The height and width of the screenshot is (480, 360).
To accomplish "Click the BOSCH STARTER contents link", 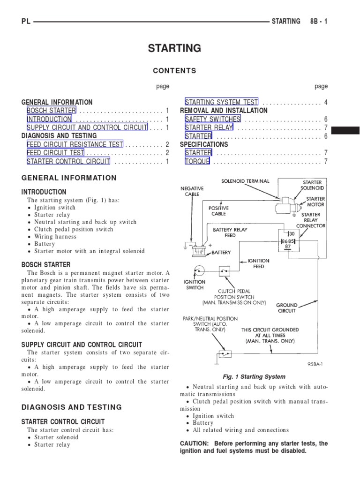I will (51, 111).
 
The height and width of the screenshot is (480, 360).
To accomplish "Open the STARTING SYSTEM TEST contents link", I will (221, 102).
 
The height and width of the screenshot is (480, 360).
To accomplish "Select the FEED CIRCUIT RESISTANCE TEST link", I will (75, 144).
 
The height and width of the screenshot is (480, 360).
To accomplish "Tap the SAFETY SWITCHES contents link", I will (212, 119).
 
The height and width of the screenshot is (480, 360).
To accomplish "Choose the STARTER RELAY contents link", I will (209, 127).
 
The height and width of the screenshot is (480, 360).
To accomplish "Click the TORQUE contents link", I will (197, 161).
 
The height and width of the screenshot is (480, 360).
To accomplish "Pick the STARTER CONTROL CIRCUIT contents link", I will (68, 161).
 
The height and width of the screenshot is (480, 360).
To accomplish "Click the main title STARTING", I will (174, 48).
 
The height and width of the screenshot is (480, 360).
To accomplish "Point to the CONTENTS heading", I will (174, 71).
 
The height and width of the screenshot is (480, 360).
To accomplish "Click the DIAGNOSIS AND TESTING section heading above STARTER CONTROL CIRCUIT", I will (72, 407).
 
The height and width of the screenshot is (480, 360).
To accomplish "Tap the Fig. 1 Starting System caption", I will (254, 376).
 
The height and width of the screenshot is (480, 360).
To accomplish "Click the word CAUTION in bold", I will (194, 443).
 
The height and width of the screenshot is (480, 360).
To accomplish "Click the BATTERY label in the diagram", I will (221, 252).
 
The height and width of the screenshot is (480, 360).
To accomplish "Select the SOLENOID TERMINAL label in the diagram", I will (246, 181).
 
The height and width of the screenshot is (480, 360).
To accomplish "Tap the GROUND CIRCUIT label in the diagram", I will (286, 307).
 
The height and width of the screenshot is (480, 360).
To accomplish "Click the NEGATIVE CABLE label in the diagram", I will (192, 191).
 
